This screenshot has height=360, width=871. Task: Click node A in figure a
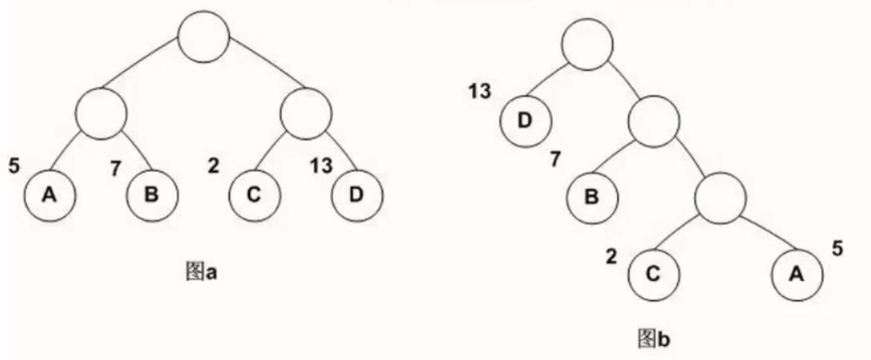point(49,196)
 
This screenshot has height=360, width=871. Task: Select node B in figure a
point(152,196)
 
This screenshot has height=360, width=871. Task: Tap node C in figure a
point(254,196)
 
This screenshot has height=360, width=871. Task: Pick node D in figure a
point(356,196)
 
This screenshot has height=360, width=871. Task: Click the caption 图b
point(655,338)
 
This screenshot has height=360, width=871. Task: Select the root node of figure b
point(586,45)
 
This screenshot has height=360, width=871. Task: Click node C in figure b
point(654,273)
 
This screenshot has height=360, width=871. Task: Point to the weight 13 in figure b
point(480,92)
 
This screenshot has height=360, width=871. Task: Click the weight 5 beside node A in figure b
point(838,249)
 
